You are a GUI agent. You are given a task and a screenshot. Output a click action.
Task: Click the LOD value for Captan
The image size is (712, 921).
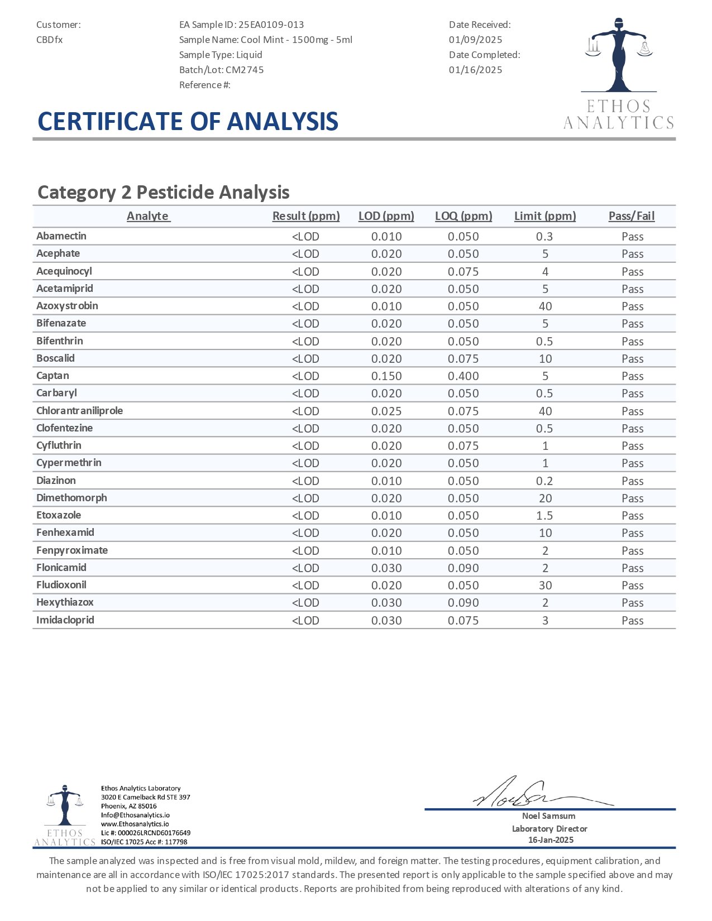[x=386, y=376]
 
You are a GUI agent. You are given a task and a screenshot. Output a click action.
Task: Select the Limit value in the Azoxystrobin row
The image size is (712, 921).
[x=545, y=306]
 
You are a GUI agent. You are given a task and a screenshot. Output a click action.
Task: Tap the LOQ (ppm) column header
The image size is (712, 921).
[x=463, y=216]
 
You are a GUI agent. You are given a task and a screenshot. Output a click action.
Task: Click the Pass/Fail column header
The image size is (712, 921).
[x=632, y=216]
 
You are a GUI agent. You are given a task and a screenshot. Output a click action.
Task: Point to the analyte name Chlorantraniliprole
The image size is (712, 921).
[x=79, y=411]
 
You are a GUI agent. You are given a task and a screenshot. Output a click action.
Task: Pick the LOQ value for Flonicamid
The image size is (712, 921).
[x=463, y=568]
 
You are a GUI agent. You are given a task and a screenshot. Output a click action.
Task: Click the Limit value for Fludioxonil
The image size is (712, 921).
[x=545, y=586]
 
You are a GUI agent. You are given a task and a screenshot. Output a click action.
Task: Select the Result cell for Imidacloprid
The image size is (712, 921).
[x=305, y=621]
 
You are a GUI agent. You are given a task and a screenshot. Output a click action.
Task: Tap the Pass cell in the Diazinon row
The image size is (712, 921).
[x=632, y=481]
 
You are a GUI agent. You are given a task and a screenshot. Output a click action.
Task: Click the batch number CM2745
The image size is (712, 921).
[x=245, y=70]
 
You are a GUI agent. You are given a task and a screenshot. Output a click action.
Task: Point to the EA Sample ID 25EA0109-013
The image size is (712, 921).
[x=271, y=25]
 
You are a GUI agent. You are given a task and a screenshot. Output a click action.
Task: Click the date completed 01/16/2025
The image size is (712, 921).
[x=475, y=70]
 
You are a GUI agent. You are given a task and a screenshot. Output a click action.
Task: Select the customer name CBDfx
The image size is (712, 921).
[x=50, y=40]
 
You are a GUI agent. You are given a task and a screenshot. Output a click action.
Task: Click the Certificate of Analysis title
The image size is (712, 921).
[x=188, y=122]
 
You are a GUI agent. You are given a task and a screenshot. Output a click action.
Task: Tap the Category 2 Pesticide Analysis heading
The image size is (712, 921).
[x=163, y=192]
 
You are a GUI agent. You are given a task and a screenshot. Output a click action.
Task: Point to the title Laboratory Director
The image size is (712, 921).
[x=549, y=829]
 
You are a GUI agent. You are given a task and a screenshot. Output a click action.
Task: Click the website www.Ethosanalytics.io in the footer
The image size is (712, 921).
[x=135, y=824]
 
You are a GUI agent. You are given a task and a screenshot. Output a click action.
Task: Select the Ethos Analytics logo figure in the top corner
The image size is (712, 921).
[x=619, y=56]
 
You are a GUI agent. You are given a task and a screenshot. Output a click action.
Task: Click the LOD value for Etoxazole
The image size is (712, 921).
[x=386, y=516]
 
